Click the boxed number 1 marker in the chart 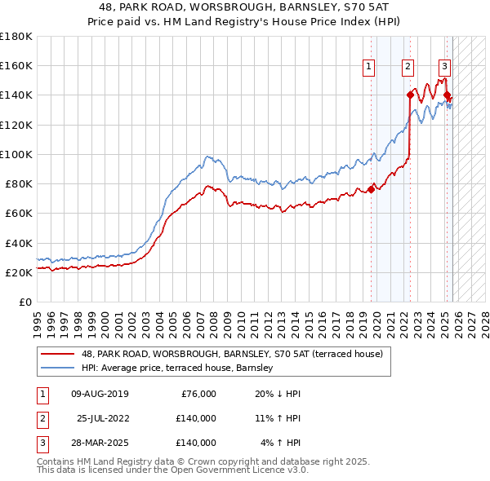pyautogui.click(x=368, y=67)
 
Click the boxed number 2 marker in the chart pyautogui.click(x=408, y=67)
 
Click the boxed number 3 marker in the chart pyautogui.click(x=444, y=67)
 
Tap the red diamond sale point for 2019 pyautogui.click(x=371, y=189)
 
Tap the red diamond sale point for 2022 pyautogui.click(x=410, y=95)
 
